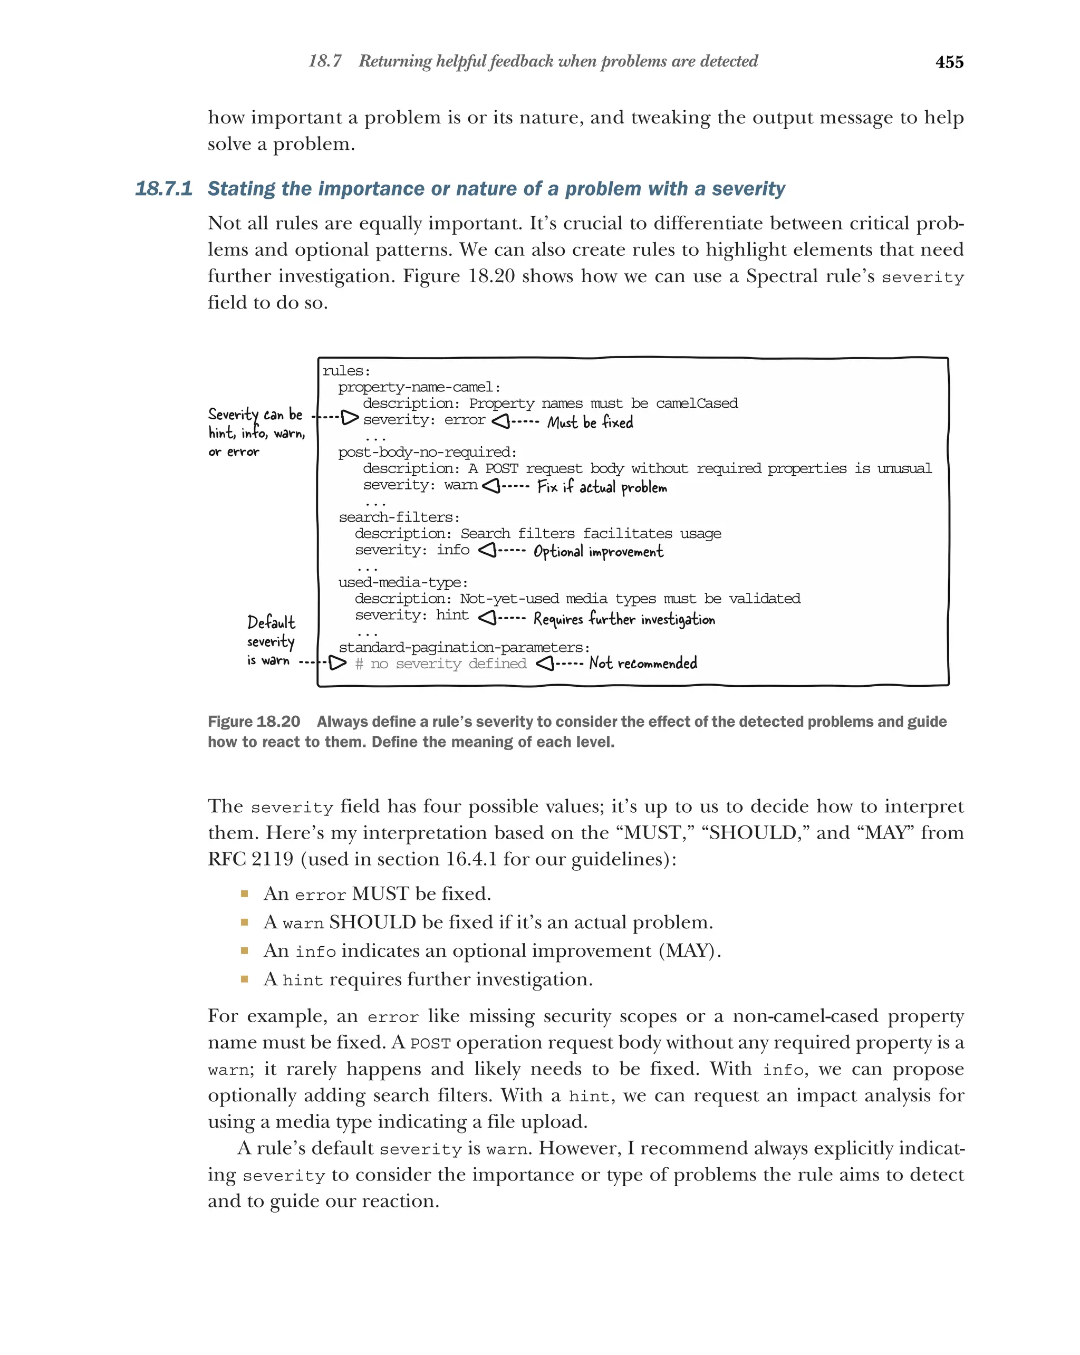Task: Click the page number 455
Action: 949,62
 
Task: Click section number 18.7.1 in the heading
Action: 163,188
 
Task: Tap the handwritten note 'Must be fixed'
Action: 590,422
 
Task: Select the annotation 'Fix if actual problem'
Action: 601,487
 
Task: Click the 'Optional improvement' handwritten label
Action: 597,552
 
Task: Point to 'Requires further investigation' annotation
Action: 623,619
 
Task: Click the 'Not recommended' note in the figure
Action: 642,663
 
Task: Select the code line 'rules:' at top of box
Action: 346,371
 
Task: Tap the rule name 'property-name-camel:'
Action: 419,387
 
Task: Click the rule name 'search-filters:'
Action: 399,517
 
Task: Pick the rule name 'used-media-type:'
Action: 403,583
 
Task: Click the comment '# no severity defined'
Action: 440,664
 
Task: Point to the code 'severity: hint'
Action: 411,616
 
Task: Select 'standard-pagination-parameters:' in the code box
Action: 464,647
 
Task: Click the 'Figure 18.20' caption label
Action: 254,722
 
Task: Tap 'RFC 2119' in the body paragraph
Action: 250,859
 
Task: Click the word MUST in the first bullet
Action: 380,893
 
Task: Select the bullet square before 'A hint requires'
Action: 244,978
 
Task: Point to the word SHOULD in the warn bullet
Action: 372,922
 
